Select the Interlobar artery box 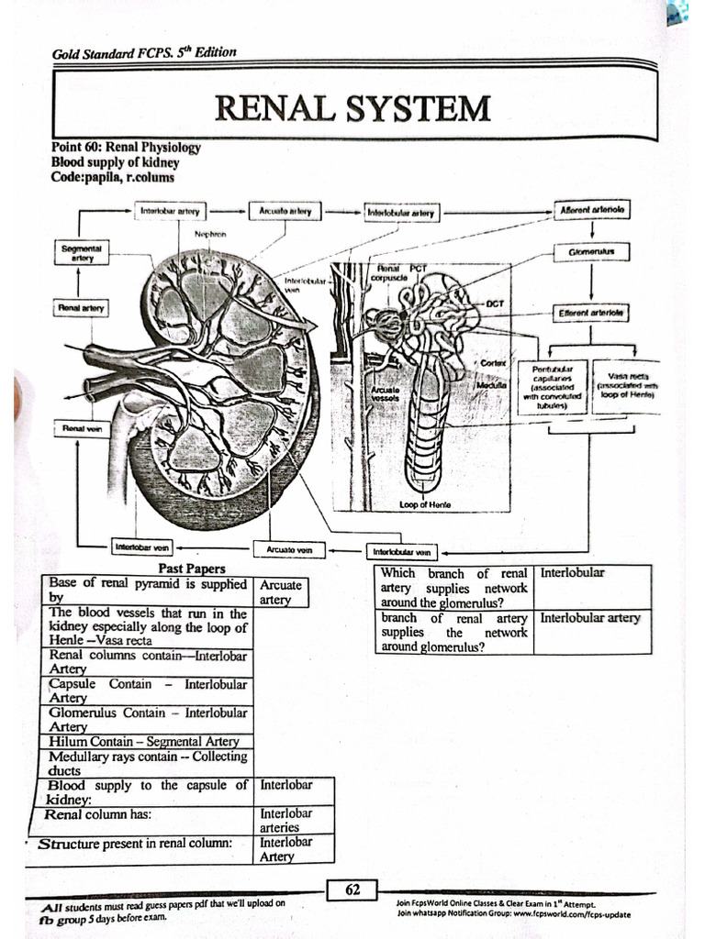click(x=171, y=211)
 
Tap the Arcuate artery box click(x=285, y=211)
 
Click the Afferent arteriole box click(x=592, y=210)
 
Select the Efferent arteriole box click(x=591, y=313)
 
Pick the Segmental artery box click(x=82, y=252)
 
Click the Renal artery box click(x=82, y=308)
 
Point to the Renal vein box click(x=82, y=427)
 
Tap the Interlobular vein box click(x=402, y=552)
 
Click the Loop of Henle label click(x=424, y=504)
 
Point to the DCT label click(x=495, y=303)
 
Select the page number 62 click(x=352, y=889)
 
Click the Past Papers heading click(x=192, y=569)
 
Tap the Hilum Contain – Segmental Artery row click(x=146, y=741)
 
